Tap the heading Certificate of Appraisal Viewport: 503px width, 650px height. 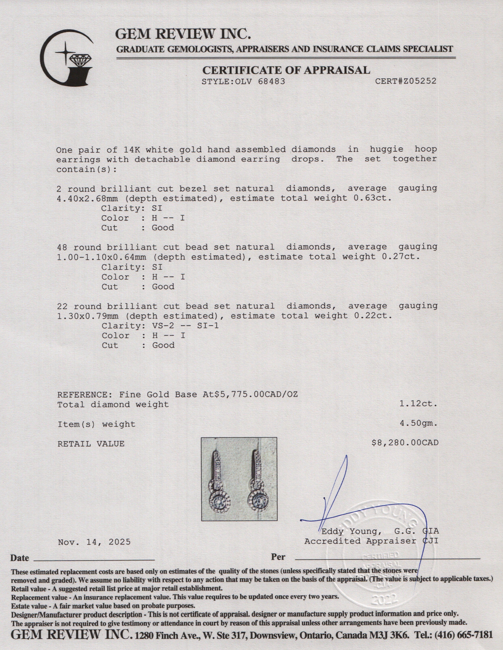click(x=286, y=70)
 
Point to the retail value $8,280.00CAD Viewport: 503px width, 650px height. click(x=405, y=443)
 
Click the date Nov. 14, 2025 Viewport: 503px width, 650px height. click(x=94, y=542)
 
